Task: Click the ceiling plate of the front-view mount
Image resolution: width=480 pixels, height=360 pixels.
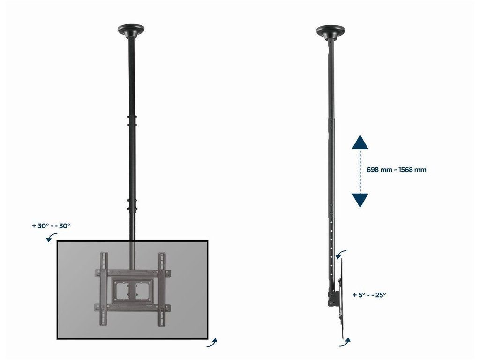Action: coord(131,30)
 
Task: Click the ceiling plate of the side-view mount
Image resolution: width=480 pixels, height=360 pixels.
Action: coord(330,31)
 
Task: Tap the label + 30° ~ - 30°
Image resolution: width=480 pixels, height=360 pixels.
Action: coord(51,226)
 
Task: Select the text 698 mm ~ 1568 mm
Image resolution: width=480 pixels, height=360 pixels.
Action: coord(397,170)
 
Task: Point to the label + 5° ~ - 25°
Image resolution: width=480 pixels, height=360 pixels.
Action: coord(369,295)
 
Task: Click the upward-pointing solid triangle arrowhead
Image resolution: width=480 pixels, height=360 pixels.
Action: coord(360,142)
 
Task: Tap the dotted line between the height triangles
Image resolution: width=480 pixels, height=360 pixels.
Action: coord(360,172)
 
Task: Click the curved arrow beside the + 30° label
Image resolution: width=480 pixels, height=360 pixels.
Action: coord(51,236)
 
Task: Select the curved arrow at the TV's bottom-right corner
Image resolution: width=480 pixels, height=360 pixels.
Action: coord(212,343)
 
